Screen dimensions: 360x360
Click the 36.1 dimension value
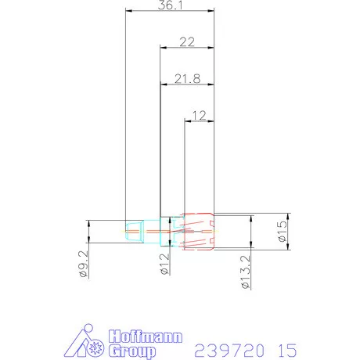pyautogui.click(x=171, y=5)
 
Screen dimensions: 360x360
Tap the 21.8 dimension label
pyautogui.click(x=186, y=79)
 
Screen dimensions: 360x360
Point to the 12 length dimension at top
pyautogui.click(x=198, y=115)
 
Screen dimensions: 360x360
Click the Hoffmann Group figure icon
pyautogui.click(x=84, y=342)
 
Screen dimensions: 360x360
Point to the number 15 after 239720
pyautogui.click(x=285, y=347)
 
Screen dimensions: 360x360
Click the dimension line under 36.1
pyautogui.click(x=171, y=12)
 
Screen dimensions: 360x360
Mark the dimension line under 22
pyautogui.click(x=186, y=49)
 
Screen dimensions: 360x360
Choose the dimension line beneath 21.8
pyautogui.click(x=186, y=85)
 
